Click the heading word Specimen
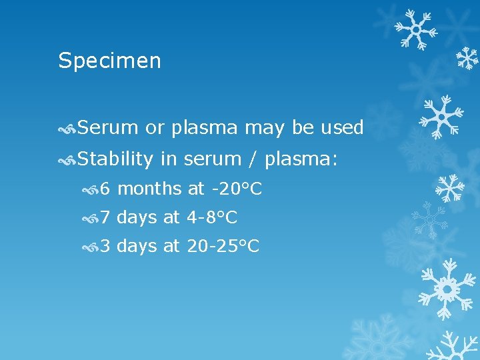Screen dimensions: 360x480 pyautogui.click(x=109, y=61)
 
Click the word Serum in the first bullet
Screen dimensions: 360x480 pyautogui.click(x=107, y=127)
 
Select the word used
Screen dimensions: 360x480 pyautogui.click(x=341, y=127)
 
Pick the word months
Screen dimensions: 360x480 pyautogui.click(x=149, y=189)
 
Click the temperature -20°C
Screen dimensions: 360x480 pyautogui.click(x=235, y=189)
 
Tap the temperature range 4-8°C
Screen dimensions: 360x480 pyautogui.click(x=211, y=217)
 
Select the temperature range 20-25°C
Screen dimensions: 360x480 pyautogui.click(x=223, y=246)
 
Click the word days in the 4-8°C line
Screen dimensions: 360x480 pyautogui.click(x=137, y=217)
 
